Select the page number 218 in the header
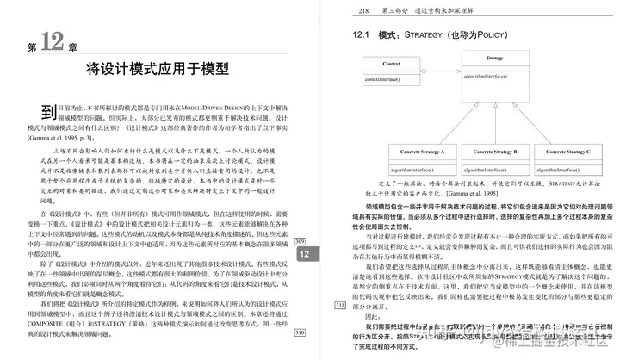(x=364, y=11)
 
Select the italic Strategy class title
(x=494, y=58)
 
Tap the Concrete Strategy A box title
(x=422, y=152)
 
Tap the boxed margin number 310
(x=300, y=332)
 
